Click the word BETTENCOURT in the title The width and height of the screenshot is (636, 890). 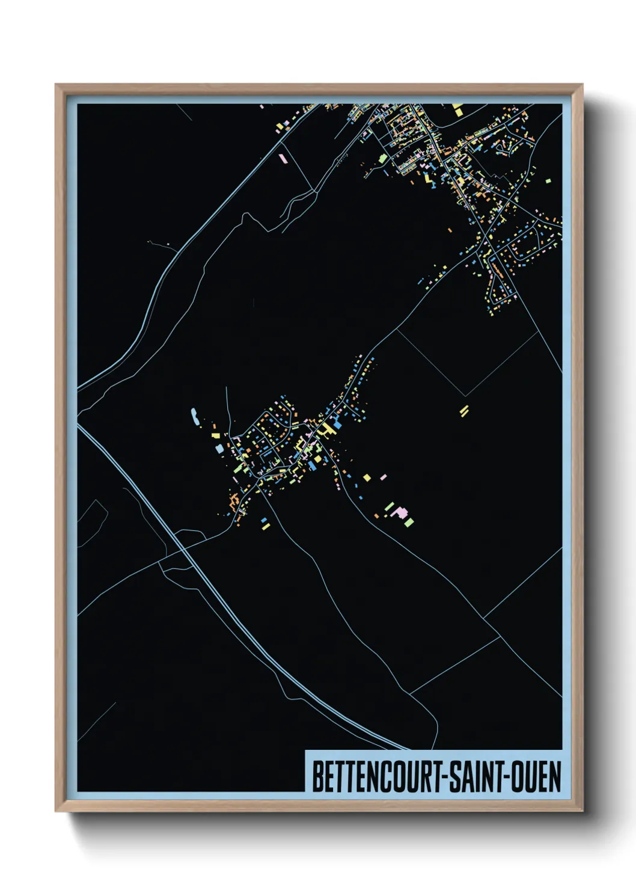(376, 776)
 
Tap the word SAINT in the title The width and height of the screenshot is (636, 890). (475, 776)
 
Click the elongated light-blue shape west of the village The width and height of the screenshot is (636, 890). (194, 416)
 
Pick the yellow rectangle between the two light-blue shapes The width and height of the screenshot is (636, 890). (215, 434)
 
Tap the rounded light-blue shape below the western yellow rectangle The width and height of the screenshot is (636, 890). (218, 448)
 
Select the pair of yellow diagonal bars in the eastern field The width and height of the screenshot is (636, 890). (464, 411)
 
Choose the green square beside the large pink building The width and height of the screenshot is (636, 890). (409, 521)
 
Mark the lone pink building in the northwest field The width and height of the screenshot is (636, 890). (283, 159)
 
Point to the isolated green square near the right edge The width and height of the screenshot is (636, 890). (548, 179)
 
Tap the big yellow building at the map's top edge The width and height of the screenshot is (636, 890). (458, 111)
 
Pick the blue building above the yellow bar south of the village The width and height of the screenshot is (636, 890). (264, 520)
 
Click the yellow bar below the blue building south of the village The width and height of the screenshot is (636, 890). (264, 527)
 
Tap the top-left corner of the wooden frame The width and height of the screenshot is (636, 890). (56, 85)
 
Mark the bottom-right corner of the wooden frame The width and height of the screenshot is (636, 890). (582, 811)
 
